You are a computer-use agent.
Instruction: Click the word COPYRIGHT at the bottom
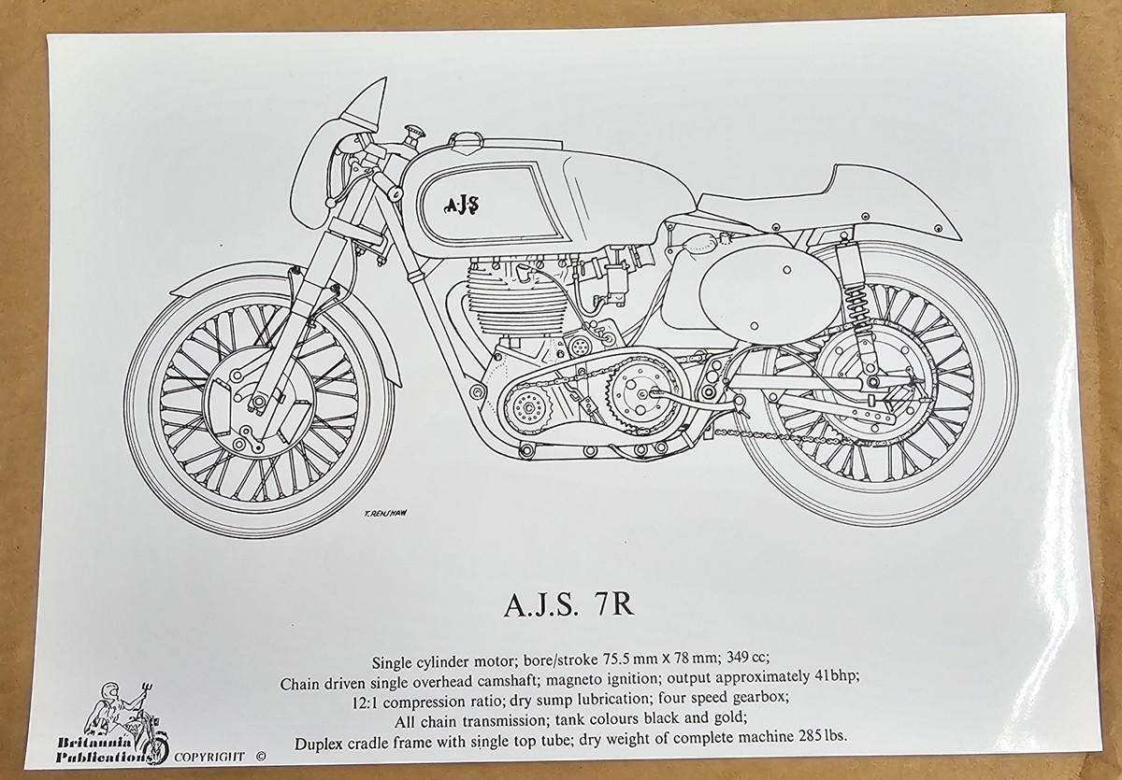209,758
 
